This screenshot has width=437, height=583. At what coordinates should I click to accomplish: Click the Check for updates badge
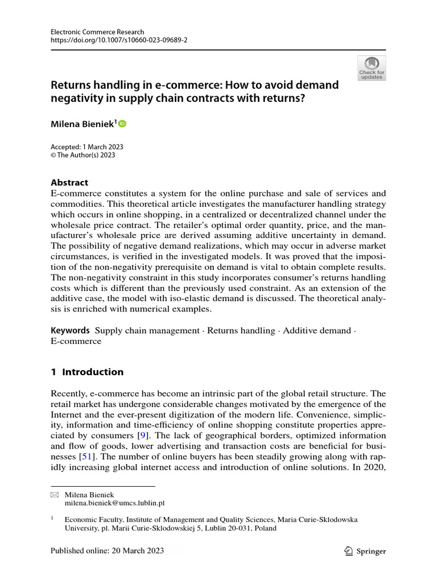point(371,67)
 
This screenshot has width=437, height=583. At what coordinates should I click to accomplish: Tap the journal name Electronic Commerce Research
point(97,32)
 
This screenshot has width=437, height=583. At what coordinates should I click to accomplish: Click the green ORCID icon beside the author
point(122,124)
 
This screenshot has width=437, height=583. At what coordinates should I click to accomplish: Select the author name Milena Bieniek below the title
point(83,124)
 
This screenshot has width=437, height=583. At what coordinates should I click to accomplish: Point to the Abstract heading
point(69,183)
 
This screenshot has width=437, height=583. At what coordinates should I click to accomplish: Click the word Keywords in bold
point(71,331)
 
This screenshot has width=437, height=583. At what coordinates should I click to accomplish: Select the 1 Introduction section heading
point(87,372)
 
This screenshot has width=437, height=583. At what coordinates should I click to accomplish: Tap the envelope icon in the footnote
point(55,495)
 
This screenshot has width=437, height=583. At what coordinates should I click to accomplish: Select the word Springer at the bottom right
point(372,551)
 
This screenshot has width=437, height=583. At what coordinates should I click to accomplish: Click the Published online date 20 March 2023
point(107,551)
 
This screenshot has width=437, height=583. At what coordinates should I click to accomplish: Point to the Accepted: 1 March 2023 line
point(87,147)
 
